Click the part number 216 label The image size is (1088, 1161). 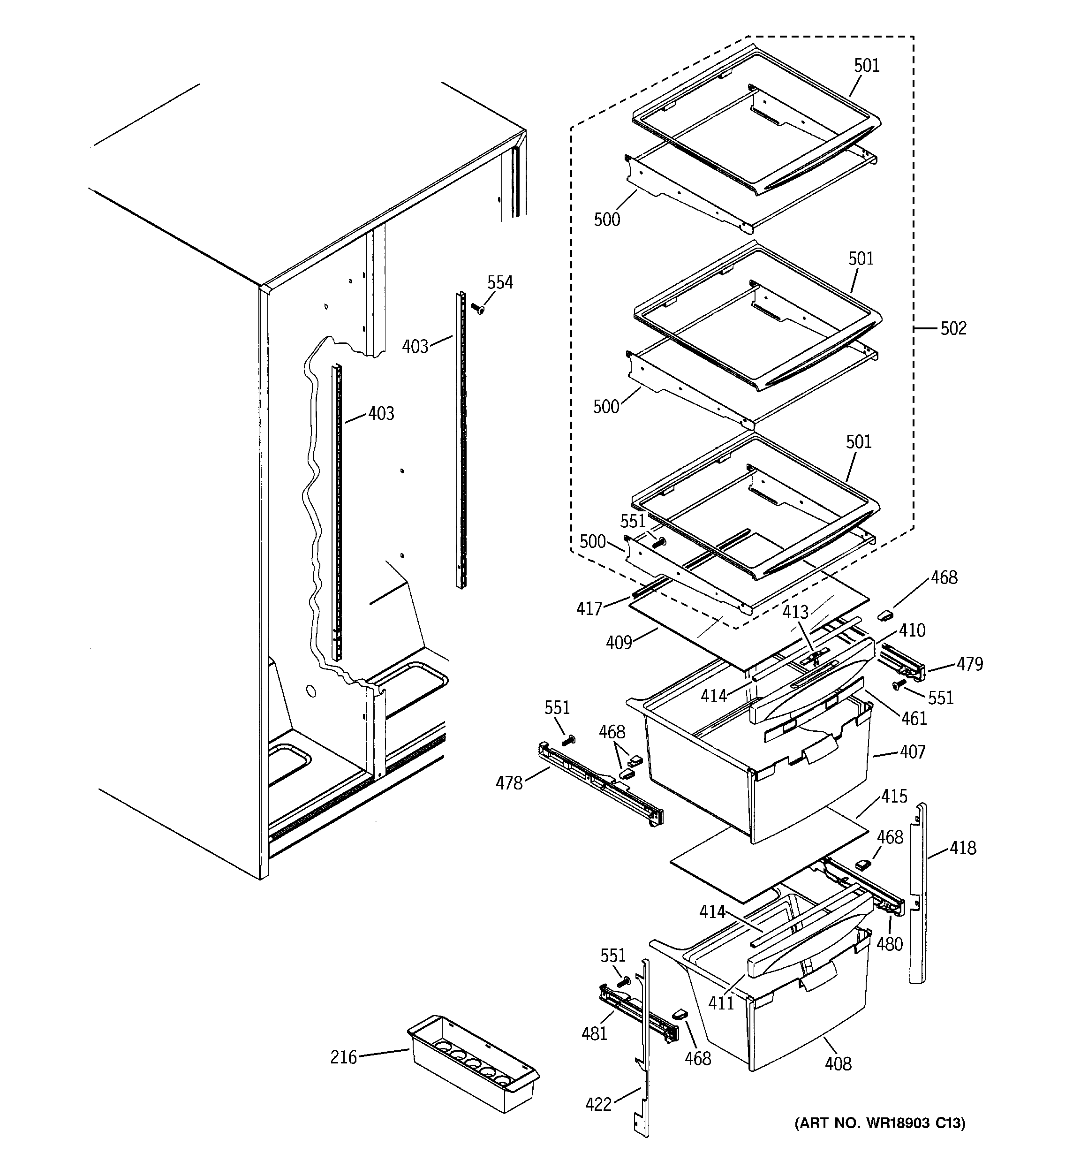(x=343, y=1058)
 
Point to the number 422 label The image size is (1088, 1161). (x=598, y=1104)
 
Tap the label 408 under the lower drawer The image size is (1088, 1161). (x=838, y=1064)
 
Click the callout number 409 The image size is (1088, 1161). (x=619, y=642)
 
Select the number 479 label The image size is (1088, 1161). (x=969, y=664)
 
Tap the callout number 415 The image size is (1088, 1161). (x=894, y=796)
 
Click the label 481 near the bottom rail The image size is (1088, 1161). (x=595, y=1034)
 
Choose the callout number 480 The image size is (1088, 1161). (x=890, y=944)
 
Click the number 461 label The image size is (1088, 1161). (x=914, y=718)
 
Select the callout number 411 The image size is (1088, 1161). (x=721, y=1003)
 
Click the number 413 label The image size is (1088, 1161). (x=795, y=612)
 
